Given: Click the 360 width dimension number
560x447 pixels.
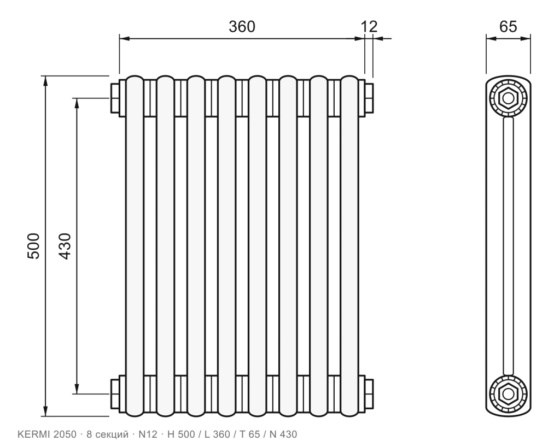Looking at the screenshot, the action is (x=242, y=27).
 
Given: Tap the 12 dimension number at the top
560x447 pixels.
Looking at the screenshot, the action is (x=369, y=27).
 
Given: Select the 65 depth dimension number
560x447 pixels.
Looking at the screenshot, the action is (x=508, y=27).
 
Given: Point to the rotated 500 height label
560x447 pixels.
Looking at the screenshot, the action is (x=33, y=246).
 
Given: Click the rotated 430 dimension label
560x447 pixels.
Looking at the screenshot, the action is (x=65, y=246).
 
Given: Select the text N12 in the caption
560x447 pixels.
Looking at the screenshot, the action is (x=148, y=434).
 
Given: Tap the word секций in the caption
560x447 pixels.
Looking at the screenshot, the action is (x=113, y=435).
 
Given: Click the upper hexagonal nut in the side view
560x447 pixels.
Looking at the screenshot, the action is (x=508, y=97).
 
